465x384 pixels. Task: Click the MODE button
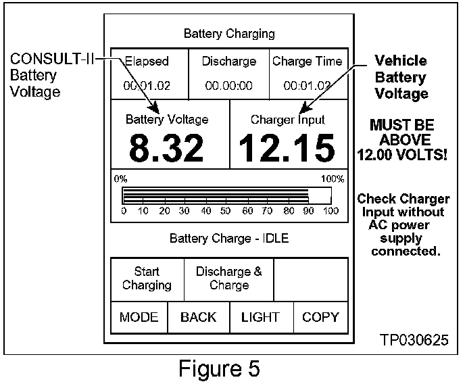click(139, 317)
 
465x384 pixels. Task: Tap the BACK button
click(198, 317)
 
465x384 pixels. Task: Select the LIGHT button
click(260, 317)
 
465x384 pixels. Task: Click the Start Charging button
click(147, 279)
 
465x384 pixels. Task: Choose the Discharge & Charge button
click(229, 279)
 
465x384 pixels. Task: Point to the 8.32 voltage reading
click(166, 148)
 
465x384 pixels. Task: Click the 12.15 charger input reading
click(287, 148)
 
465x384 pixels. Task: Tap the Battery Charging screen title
click(229, 33)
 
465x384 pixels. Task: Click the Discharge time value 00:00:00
click(229, 86)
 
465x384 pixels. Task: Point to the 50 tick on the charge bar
click(227, 212)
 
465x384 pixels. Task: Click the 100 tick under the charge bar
click(331, 212)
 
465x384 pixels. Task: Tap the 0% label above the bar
click(120, 179)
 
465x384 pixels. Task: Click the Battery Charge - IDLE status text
click(229, 239)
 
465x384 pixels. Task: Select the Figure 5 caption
click(219, 369)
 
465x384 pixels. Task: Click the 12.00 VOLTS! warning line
click(401, 154)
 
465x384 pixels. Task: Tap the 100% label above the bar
click(333, 179)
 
